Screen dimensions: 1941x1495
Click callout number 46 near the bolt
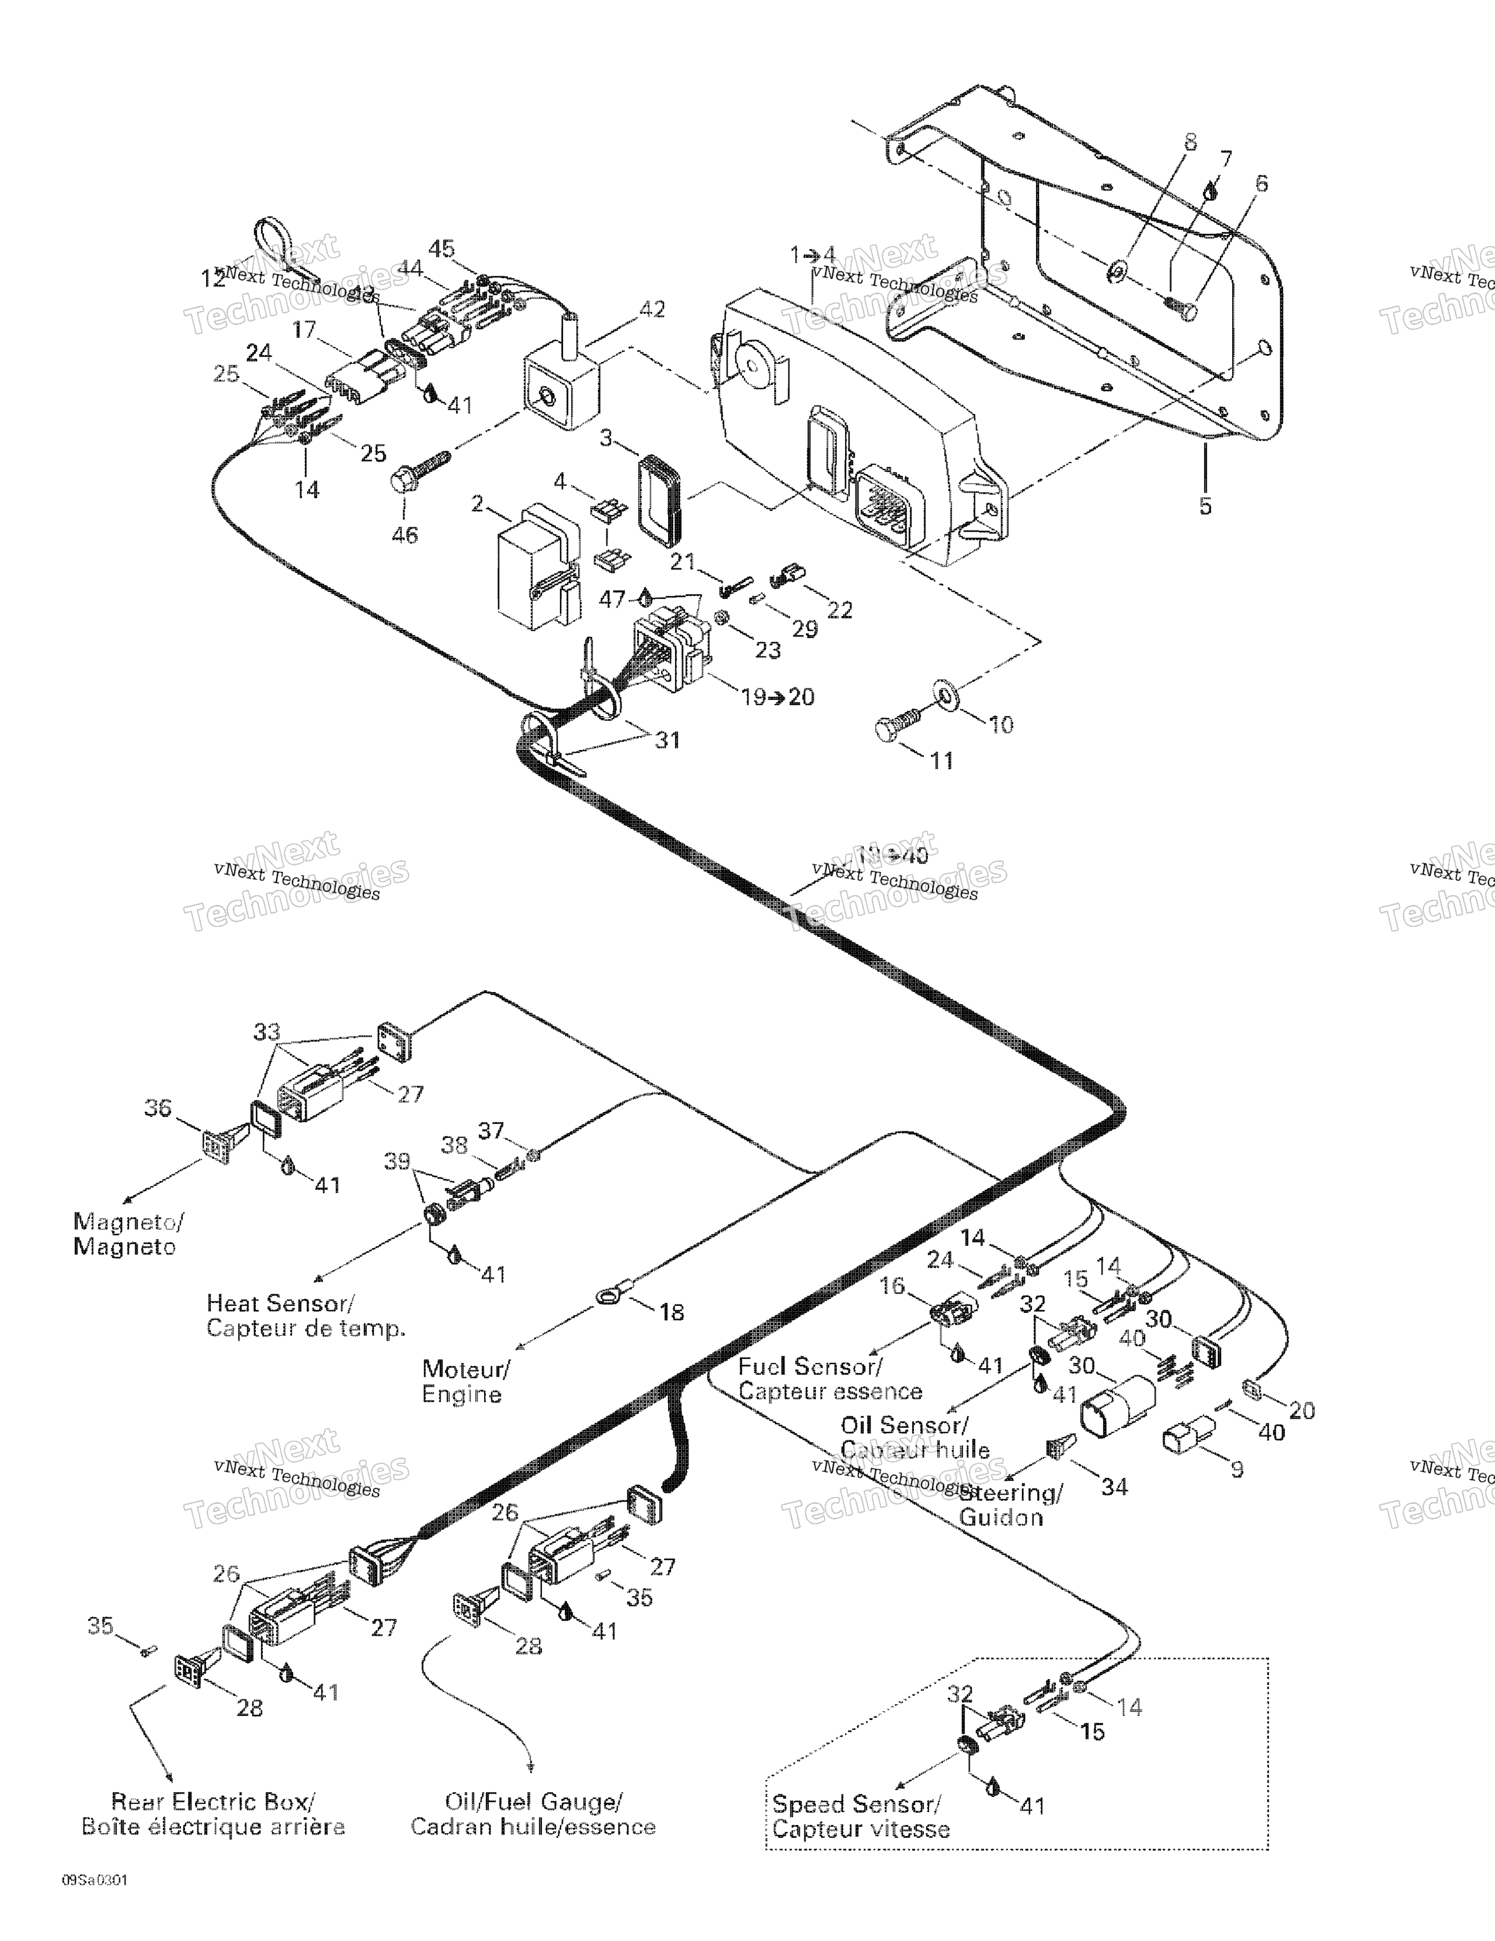tap(405, 535)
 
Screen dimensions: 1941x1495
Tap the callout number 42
tap(652, 310)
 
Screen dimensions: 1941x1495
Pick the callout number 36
tap(158, 1108)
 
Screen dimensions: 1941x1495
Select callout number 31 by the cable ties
tap(667, 739)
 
